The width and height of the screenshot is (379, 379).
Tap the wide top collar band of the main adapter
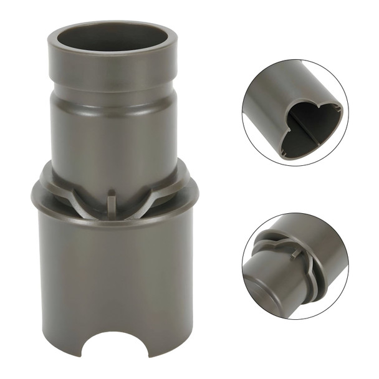pyautogui.click(x=112, y=70)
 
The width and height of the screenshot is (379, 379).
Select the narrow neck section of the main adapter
pyautogui.click(x=112, y=134)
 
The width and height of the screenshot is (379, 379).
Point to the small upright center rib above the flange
pyautogui.click(x=112, y=203)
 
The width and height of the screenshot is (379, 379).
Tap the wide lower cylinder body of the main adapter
pyautogui.click(x=112, y=274)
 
